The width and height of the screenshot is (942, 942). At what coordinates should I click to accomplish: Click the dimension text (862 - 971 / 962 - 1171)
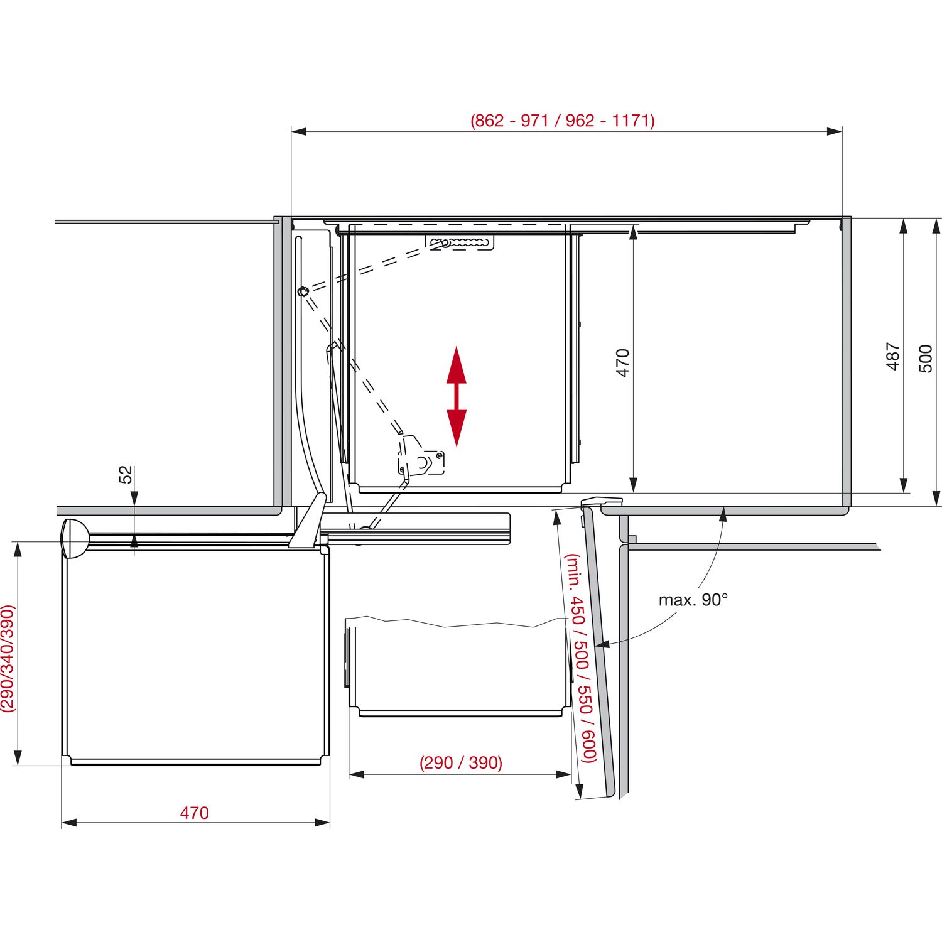tap(563, 120)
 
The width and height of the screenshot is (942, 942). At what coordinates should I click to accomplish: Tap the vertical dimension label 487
tap(893, 356)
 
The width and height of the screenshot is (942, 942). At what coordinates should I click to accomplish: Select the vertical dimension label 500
tap(926, 359)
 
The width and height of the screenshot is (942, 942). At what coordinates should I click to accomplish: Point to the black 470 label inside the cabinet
tap(622, 362)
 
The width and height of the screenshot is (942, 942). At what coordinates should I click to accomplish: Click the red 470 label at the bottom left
tap(194, 813)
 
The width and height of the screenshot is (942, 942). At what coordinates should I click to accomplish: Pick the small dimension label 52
tap(126, 474)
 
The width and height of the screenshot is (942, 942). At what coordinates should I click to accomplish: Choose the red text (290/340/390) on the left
tap(8, 658)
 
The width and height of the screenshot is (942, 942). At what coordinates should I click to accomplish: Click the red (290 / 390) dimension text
tap(461, 762)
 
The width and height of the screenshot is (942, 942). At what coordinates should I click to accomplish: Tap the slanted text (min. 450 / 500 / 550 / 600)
tap(580, 658)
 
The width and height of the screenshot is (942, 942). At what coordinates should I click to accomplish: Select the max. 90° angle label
tap(693, 600)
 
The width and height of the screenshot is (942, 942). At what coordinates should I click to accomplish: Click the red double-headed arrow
tap(457, 396)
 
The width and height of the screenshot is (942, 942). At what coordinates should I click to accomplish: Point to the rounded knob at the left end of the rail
tap(75, 538)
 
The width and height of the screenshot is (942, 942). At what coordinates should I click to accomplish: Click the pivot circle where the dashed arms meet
tap(303, 291)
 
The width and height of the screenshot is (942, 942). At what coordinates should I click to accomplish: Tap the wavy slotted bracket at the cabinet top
tap(460, 242)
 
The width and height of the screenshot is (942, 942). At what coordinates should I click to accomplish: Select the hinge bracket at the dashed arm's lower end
tap(420, 457)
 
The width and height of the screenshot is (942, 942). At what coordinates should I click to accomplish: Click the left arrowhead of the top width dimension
tap(299, 131)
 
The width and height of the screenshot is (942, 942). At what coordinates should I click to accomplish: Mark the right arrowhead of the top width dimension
tap(834, 131)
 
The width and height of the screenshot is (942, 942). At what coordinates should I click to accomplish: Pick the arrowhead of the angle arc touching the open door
tap(601, 644)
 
